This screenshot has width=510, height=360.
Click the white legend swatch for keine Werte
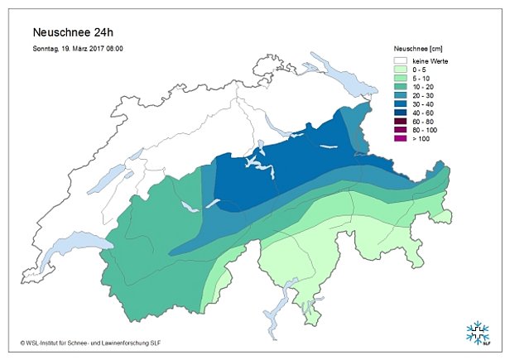point(402,61)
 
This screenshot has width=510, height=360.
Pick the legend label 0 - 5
point(419,70)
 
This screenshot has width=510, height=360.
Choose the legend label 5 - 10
point(421,79)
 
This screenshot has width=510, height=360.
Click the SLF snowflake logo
point(479,332)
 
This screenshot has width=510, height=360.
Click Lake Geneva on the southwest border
point(79,243)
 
